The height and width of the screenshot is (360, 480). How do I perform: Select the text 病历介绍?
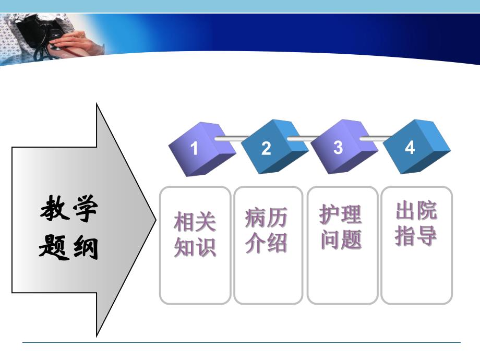(x=266, y=231)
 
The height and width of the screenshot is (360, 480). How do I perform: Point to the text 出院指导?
(x=416, y=223)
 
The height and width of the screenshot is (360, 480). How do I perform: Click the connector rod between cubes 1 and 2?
(x=230, y=139)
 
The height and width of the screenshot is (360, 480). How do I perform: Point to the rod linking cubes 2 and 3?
(x=303, y=139)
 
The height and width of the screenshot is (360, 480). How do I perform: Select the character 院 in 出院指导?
(x=427, y=212)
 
